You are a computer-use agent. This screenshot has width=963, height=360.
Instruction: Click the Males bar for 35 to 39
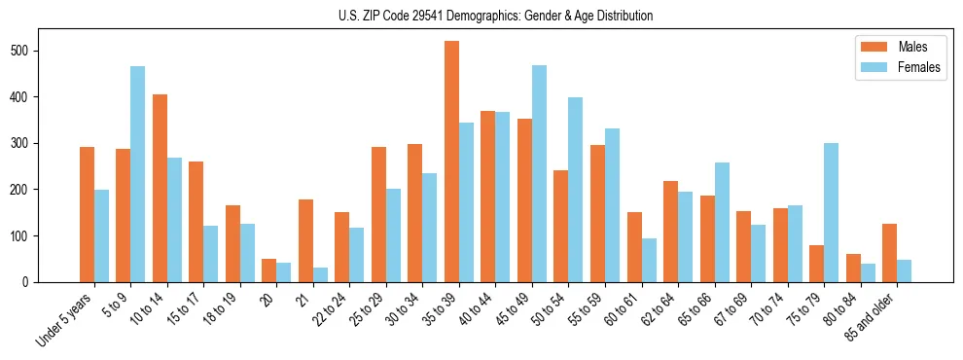pos(451,162)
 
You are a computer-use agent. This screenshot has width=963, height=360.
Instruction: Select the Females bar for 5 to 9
pos(138,174)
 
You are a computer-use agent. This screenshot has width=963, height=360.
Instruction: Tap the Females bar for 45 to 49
pos(539,174)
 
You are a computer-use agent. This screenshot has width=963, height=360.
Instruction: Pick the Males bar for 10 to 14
pos(160,188)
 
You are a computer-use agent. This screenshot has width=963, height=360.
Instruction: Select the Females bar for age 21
pos(320,274)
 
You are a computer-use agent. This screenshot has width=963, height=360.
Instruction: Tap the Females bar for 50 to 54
pos(576,190)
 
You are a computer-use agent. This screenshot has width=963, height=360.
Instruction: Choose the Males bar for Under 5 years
pos(87,214)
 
